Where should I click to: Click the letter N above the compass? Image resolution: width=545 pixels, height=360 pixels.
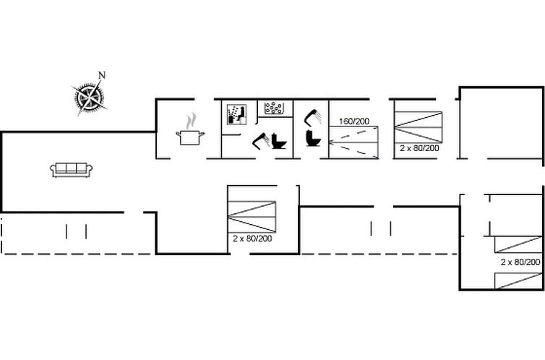click(x=102, y=75)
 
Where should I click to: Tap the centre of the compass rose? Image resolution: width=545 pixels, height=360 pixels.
click(x=90, y=98)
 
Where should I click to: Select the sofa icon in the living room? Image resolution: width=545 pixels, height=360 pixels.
click(x=72, y=170)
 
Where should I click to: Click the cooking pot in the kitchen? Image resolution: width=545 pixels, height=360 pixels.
click(x=190, y=137)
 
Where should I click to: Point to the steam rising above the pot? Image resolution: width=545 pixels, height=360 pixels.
click(x=190, y=121)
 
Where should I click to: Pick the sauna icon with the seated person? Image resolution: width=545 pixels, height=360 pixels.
click(x=236, y=114)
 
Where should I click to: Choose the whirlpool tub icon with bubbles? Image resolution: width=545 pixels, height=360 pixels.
click(x=274, y=108)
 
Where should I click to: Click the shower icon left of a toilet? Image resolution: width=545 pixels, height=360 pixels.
click(x=261, y=140)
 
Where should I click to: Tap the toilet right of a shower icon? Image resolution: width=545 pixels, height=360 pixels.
click(x=279, y=141)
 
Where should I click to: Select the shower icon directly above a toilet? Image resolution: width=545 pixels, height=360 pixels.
click(x=313, y=117)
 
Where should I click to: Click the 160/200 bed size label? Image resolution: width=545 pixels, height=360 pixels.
click(x=354, y=121)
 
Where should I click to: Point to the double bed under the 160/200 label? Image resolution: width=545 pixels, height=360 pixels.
click(x=354, y=142)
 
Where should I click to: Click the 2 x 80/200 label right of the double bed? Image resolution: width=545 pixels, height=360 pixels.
click(x=419, y=148)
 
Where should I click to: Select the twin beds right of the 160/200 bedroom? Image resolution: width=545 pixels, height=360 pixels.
click(x=418, y=127)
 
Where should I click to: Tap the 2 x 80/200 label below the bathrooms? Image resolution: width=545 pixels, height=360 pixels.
click(x=252, y=239)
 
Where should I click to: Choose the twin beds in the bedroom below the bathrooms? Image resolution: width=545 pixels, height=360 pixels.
click(x=252, y=217)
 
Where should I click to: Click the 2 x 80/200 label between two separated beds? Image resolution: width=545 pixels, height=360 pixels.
click(x=520, y=262)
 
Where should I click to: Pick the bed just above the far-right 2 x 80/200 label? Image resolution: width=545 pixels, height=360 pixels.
click(x=518, y=244)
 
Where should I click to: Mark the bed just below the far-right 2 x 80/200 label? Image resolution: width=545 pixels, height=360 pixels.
click(x=518, y=281)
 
